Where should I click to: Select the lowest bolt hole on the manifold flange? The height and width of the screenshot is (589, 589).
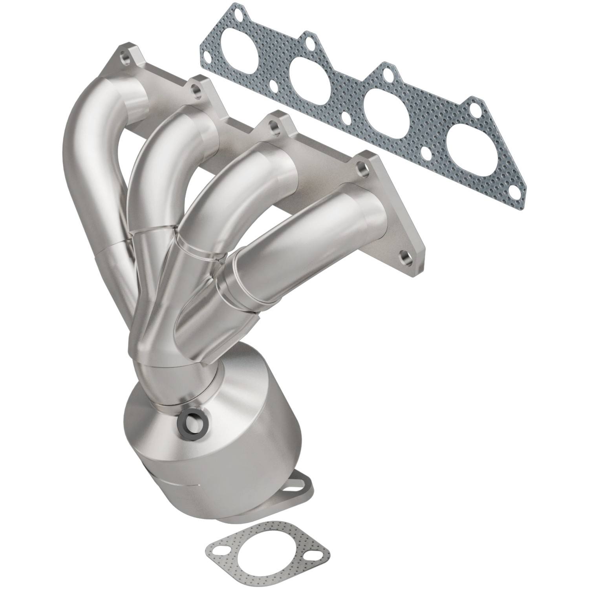[404, 258]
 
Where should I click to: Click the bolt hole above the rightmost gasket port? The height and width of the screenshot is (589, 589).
[476, 108]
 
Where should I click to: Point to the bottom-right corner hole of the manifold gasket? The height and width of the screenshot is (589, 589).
[514, 192]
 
